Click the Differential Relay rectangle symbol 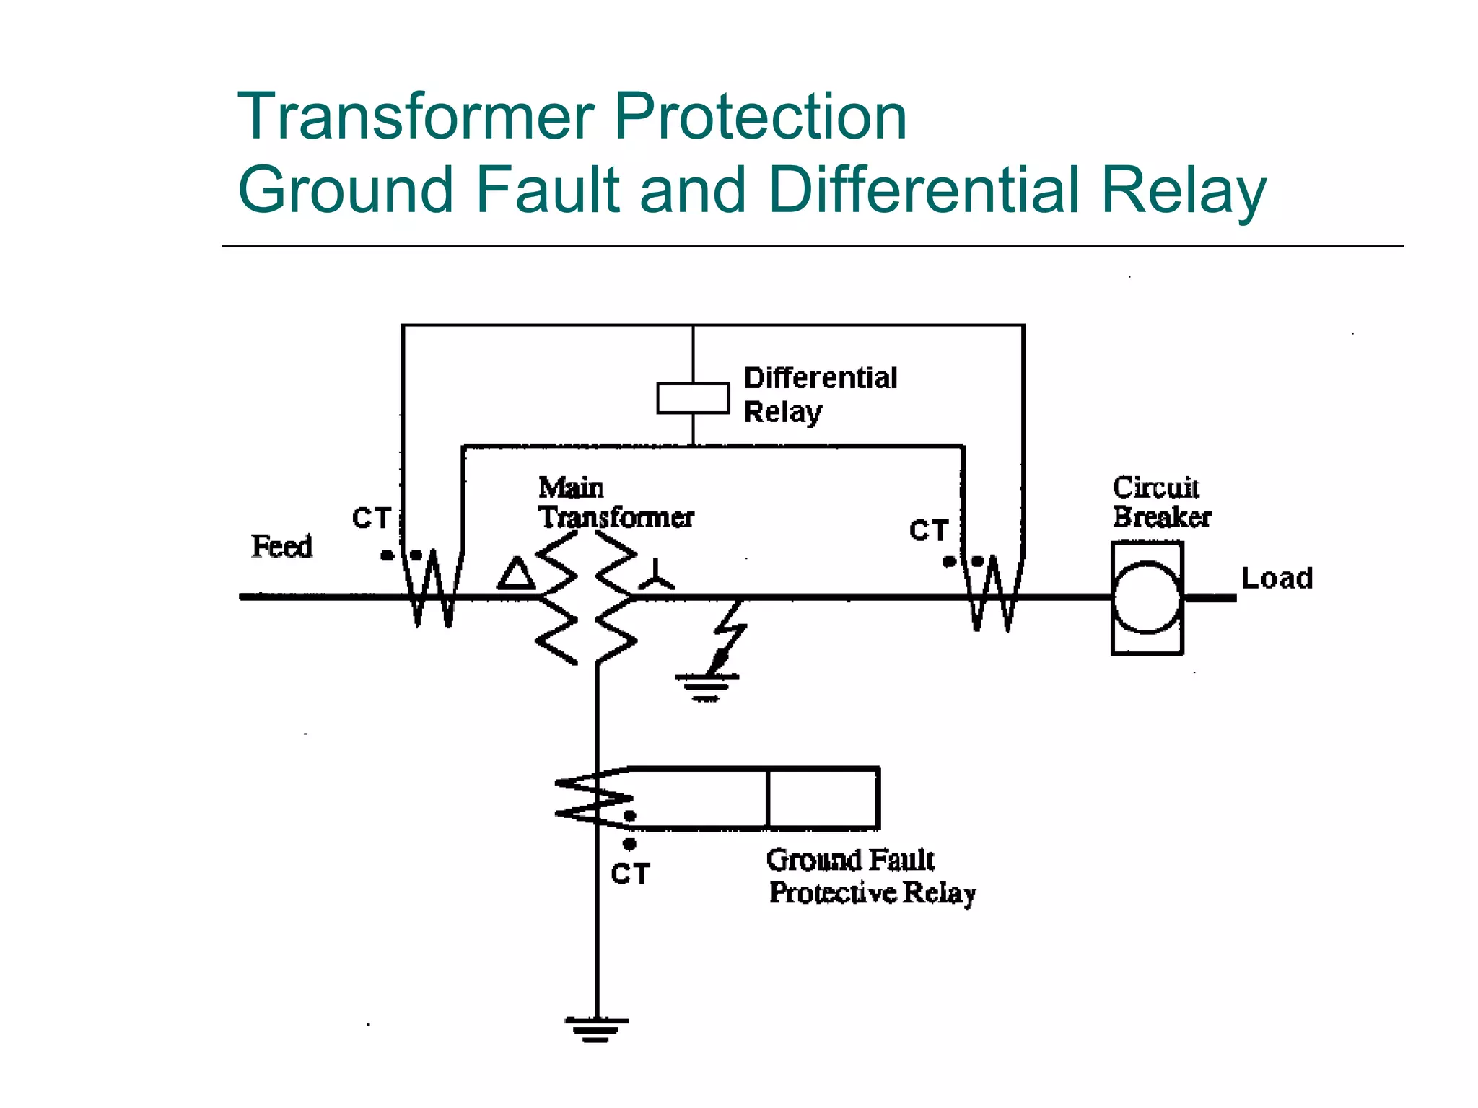pos(693,398)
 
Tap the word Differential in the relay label pos(821,378)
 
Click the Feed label pos(281,546)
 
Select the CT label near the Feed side pos(371,519)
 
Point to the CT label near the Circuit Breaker pos(928,531)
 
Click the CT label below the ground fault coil pos(630,874)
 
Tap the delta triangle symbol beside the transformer pos(516,574)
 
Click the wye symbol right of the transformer pos(656,576)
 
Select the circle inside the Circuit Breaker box pos(1147,598)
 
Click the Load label pos(1277,579)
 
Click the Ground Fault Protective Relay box pos(823,799)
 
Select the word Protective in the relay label pos(833,893)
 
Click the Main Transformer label pos(615,503)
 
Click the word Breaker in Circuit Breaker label pos(1162,517)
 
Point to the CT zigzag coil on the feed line pos(432,588)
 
